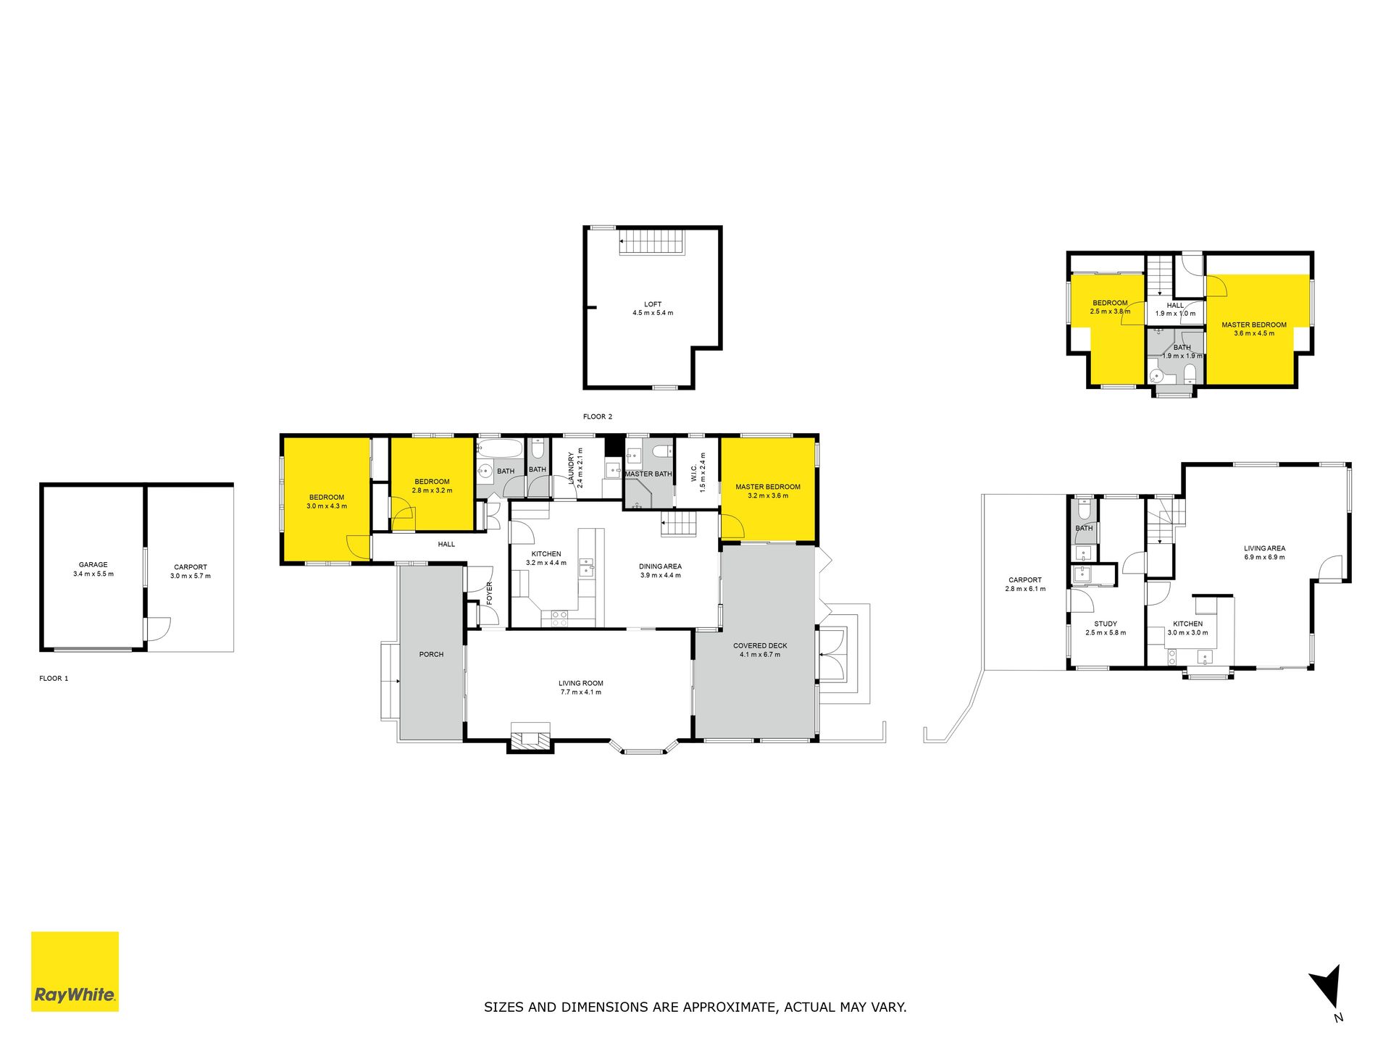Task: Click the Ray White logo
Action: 75,971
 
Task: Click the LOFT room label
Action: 653,304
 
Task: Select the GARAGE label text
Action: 93,565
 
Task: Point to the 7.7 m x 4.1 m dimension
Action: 580,692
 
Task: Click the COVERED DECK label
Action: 760,645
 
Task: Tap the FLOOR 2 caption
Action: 598,416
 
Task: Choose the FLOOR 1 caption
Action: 54,679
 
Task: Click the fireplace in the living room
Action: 530,737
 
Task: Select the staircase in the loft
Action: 652,241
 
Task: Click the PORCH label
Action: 431,654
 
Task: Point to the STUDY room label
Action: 1106,624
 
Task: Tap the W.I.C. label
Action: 694,473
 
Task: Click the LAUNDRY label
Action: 571,468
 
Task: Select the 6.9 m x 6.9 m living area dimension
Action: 1265,557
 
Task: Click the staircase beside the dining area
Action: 678,523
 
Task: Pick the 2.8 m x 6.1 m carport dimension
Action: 1025,589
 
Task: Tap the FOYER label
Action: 489,593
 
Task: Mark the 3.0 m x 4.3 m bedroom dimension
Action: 327,506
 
